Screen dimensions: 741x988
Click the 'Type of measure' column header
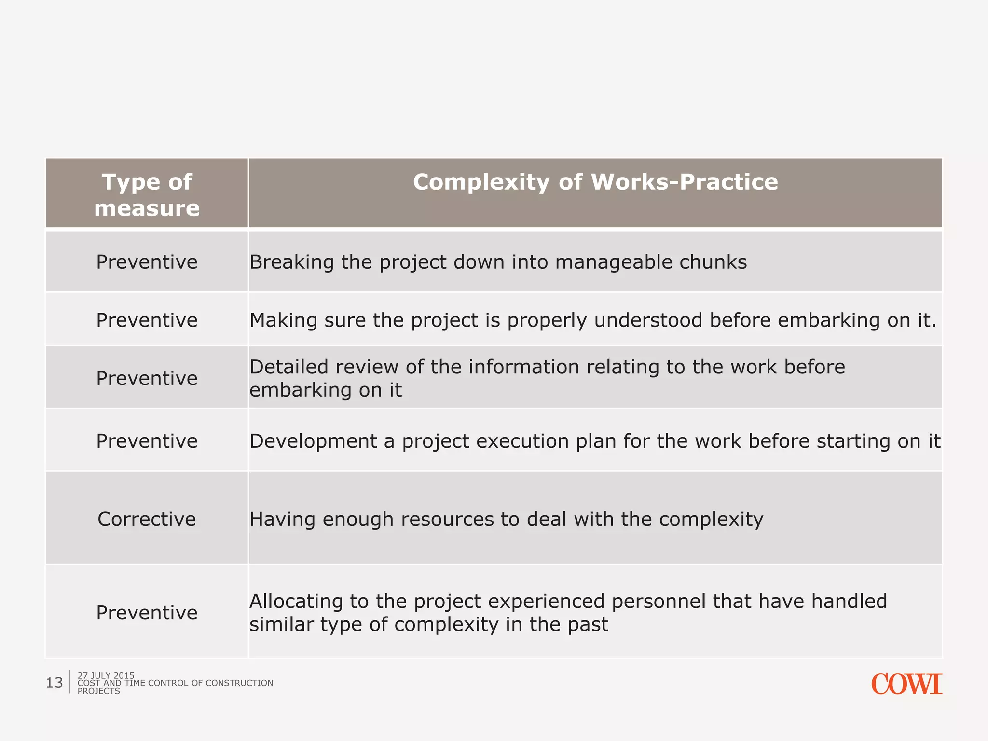[147, 194]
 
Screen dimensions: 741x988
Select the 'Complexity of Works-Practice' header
[595, 182]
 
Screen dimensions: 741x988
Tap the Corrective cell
[147, 519]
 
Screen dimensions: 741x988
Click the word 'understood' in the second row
[648, 320]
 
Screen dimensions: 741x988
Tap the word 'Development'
[313, 441]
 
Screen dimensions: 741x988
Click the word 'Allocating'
[296, 602]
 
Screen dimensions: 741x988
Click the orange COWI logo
[906, 684]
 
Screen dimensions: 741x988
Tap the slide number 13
[54, 683]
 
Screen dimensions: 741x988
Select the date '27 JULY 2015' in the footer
[106, 675]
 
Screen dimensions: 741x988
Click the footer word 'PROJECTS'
[98, 691]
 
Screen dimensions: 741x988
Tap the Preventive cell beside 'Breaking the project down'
[147, 262]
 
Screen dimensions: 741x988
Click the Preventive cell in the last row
[147, 613]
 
